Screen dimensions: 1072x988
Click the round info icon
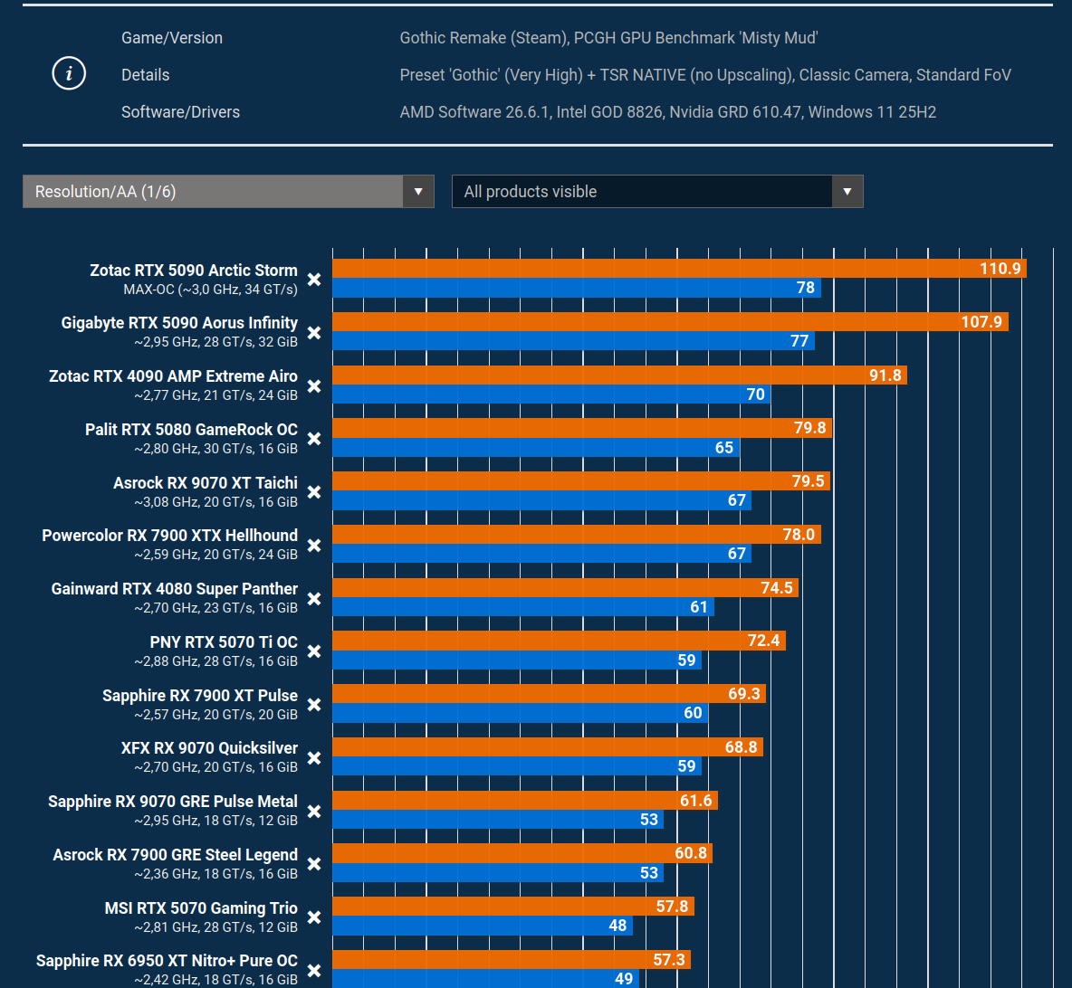pos(69,74)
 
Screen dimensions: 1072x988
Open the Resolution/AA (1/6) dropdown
pos(228,191)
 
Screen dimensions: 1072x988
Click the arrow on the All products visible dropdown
pos(847,191)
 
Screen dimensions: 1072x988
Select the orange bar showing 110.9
pos(680,269)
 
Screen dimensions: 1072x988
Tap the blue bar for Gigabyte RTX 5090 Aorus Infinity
pos(574,340)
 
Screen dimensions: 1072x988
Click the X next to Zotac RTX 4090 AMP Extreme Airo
pos(314,386)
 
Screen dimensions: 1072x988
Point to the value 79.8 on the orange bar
pos(809,429)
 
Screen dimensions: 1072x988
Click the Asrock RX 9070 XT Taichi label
pos(206,483)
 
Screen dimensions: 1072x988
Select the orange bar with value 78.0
pos(577,535)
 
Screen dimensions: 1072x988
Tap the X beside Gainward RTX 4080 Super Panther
pos(314,599)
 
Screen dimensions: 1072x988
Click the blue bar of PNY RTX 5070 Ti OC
pos(517,660)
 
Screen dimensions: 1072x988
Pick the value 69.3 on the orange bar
pos(744,694)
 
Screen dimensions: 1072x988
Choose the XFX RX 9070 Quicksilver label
pos(209,748)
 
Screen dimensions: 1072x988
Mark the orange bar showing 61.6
pos(525,800)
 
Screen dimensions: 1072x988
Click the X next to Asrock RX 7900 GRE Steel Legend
pos(314,864)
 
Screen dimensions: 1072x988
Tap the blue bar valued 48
pos(483,926)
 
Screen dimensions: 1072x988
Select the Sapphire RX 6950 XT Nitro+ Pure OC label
pos(167,961)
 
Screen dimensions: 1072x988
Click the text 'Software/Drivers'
pos(180,112)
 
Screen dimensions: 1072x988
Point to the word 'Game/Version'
pos(172,38)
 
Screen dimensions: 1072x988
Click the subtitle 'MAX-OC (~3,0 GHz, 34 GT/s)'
pos(211,290)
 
